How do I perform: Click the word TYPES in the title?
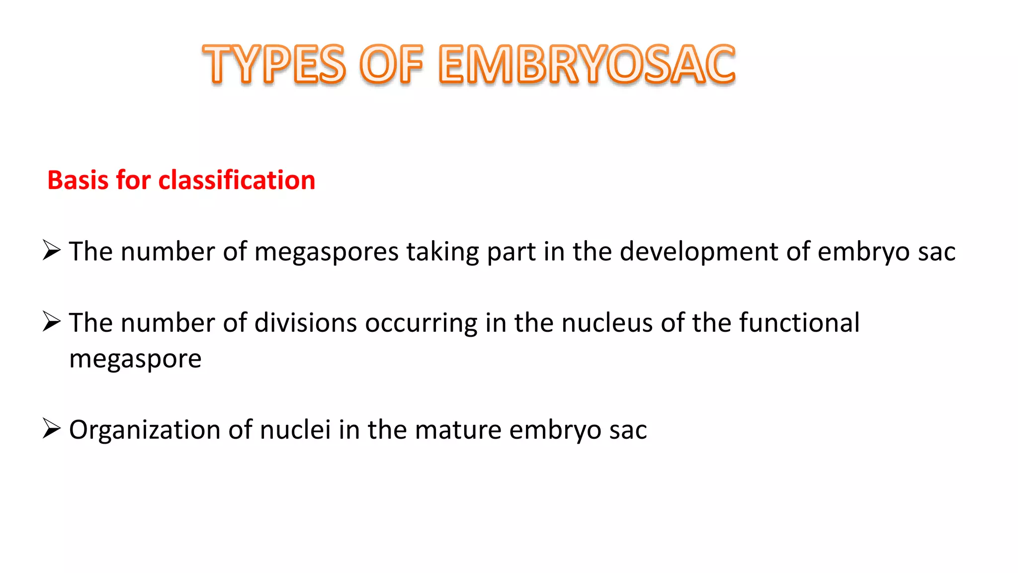274,64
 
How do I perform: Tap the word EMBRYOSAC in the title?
587,64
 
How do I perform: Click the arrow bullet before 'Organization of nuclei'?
52,428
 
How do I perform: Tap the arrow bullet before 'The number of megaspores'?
52,250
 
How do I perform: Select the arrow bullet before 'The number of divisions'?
52,321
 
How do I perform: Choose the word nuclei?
295,430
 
